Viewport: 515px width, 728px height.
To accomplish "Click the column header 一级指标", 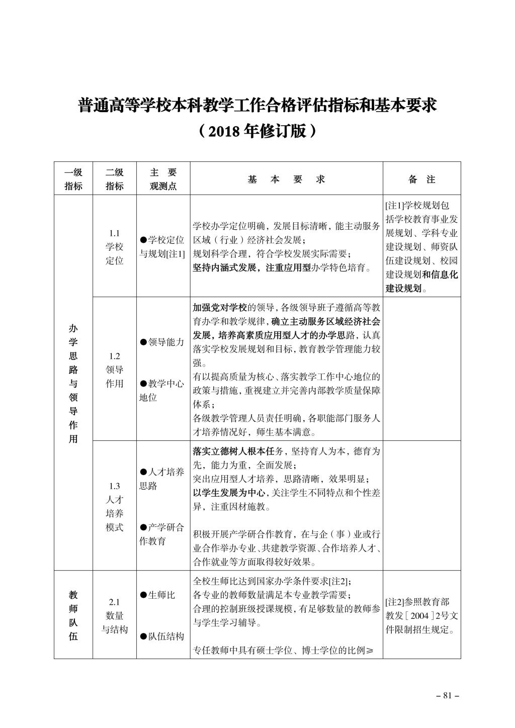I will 73,179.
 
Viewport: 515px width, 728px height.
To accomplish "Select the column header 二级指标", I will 114,179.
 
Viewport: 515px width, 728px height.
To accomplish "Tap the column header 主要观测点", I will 163,179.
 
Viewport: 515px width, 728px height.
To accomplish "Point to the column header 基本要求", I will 286,179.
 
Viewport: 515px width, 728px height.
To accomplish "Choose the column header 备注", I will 421,179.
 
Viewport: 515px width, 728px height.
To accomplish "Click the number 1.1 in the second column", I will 114,233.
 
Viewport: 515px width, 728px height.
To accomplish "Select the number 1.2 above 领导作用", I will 114,356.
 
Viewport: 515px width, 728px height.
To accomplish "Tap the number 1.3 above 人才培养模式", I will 114,486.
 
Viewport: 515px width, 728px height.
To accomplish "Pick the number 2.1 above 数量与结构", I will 114,602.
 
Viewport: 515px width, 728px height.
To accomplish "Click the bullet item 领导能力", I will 162,342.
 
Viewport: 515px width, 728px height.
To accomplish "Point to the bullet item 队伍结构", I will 162,636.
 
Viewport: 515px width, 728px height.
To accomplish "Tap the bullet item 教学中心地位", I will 162,390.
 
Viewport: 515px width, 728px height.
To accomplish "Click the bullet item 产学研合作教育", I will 162,534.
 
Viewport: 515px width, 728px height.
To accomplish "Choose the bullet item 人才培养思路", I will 162,479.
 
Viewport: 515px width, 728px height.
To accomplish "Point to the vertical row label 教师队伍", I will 73,615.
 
